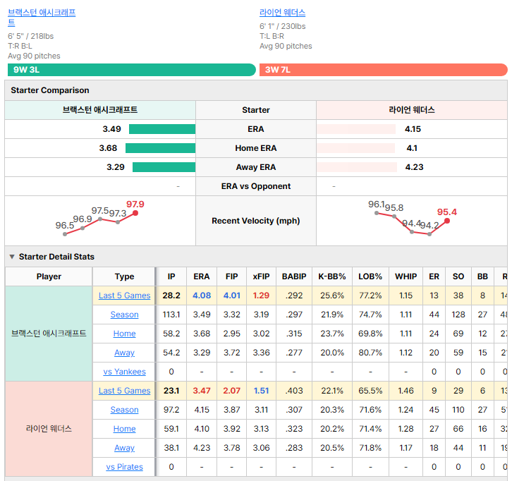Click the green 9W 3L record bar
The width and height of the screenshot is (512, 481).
click(132, 70)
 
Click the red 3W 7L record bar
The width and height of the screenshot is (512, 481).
click(384, 70)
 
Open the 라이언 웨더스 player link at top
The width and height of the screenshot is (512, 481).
click(283, 13)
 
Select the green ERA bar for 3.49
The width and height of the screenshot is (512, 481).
click(162, 129)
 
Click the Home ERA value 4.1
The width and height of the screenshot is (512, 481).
click(412, 148)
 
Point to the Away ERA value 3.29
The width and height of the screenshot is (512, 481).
click(116, 167)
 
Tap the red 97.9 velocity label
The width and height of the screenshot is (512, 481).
click(135, 205)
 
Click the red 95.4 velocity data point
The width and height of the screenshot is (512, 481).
click(447, 221)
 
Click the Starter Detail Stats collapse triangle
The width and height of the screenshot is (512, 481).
click(12, 257)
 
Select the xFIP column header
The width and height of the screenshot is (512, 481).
click(261, 276)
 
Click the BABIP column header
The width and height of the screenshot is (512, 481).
click(294, 276)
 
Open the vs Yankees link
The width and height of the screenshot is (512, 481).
click(124, 372)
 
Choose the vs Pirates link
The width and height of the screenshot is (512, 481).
click(124, 467)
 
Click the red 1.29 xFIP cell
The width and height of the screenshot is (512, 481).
click(261, 296)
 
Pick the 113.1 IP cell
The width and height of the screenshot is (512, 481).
click(171, 315)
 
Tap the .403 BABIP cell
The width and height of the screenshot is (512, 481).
click(294, 391)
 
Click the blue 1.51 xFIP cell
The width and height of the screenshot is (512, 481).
click(261, 391)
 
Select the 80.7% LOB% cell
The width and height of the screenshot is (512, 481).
click(370, 353)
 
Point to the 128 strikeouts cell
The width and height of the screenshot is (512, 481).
click(458, 315)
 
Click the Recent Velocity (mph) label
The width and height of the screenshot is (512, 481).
click(256, 221)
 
